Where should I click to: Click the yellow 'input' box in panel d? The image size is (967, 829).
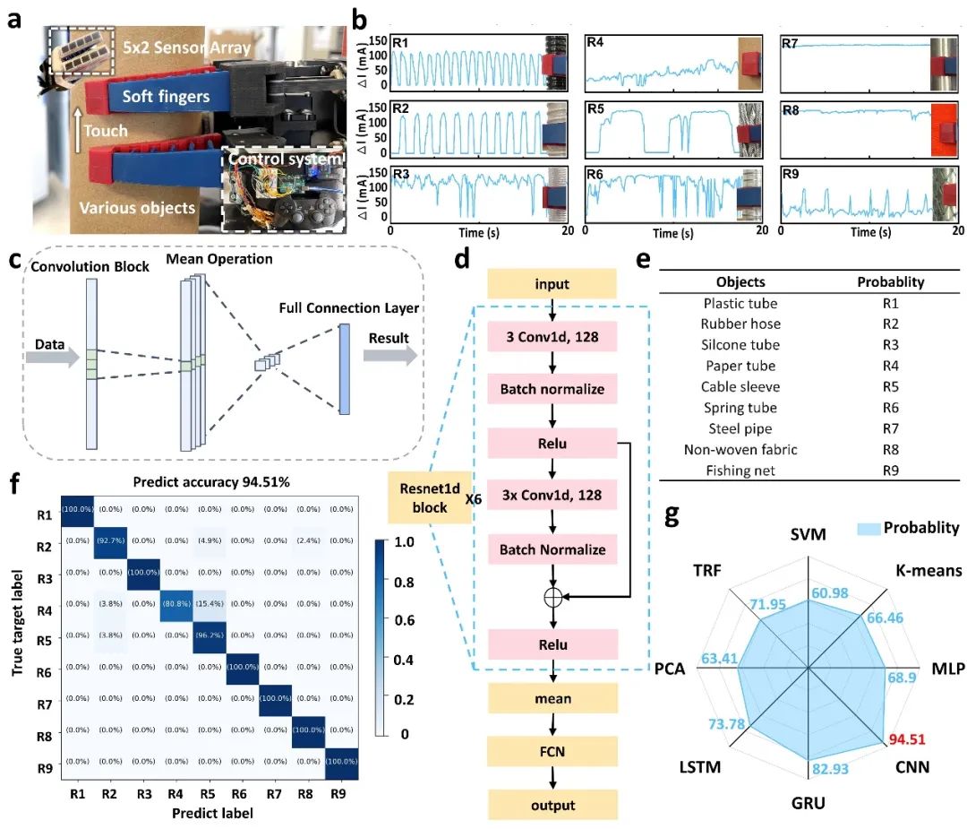coord(553,285)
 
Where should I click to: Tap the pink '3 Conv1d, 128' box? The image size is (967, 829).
coord(553,339)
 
